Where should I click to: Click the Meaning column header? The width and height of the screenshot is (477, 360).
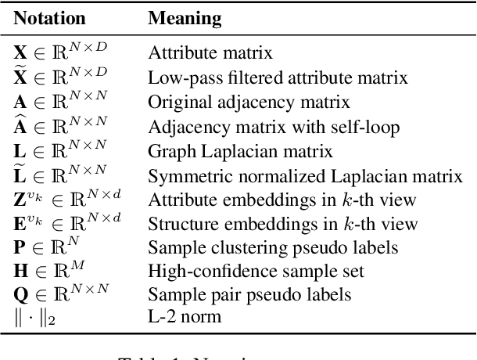point(183,18)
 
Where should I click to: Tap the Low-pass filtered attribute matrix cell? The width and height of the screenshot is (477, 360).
point(278,77)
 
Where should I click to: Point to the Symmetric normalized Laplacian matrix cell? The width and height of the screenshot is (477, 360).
point(306,174)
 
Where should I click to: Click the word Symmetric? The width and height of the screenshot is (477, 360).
point(183,174)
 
